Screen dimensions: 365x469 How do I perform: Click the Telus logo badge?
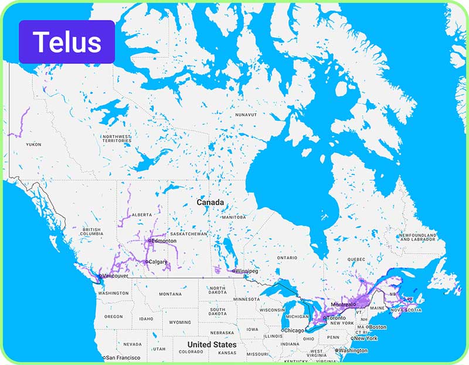pyautogui.click(x=67, y=42)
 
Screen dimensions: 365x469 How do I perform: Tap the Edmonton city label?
pyautogui.click(x=164, y=241)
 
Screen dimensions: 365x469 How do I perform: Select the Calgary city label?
pyautogui.click(x=158, y=262)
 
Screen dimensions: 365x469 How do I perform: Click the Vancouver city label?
pyautogui.click(x=115, y=276)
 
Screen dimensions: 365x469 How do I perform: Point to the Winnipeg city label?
pyautogui.click(x=247, y=271)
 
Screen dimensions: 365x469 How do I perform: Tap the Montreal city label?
pyautogui.click(x=343, y=305)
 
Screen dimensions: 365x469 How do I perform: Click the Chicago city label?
pyautogui.click(x=294, y=330)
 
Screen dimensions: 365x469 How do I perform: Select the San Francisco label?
pyautogui.click(x=123, y=357)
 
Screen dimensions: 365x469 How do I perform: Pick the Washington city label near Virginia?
pyautogui.click(x=353, y=351)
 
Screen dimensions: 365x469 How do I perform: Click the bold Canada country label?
pyautogui.click(x=210, y=202)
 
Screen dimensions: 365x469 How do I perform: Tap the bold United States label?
pyautogui.click(x=212, y=344)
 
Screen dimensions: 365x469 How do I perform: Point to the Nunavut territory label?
pyautogui.click(x=246, y=115)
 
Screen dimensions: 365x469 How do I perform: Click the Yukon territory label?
pyautogui.click(x=33, y=144)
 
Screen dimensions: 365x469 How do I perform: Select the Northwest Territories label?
pyautogui.click(x=116, y=139)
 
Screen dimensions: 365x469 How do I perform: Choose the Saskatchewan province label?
pyautogui.click(x=189, y=234)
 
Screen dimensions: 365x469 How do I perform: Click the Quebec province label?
pyautogui.click(x=356, y=259)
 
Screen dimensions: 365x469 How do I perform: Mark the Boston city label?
pyautogui.click(x=378, y=327)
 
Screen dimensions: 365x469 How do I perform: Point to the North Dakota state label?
pyautogui.click(x=217, y=291)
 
